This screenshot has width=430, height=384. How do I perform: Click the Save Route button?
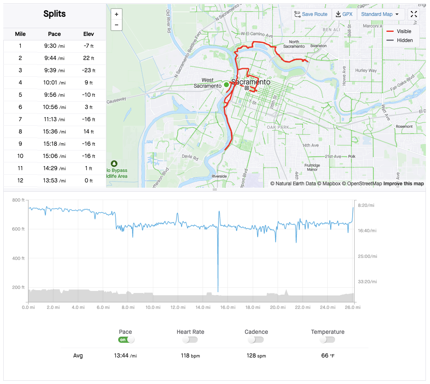(311, 14)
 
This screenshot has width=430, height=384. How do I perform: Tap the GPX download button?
(344, 14)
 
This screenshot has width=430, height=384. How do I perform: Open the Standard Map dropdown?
(380, 14)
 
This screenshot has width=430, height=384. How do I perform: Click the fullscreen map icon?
(414, 14)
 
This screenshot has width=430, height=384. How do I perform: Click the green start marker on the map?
(226, 84)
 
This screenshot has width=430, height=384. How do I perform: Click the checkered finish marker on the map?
(247, 87)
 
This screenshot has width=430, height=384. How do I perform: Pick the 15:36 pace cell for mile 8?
(55, 132)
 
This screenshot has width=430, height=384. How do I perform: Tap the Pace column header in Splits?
(55, 34)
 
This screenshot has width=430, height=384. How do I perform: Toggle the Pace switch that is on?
(126, 340)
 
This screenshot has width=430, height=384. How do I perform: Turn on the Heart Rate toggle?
(190, 340)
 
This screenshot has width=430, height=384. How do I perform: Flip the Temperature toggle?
(327, 340)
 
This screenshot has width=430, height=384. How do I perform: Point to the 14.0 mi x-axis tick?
(203, 307)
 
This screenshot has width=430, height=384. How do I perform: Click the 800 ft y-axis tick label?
(18, 200)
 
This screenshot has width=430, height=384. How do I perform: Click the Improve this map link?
(404, 184)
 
